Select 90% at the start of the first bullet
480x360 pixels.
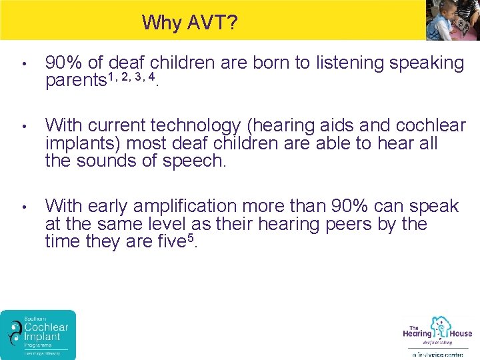pos(64,63)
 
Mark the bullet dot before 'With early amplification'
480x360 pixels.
pos(24,207)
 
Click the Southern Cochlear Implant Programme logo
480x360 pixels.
pos(38,334)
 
